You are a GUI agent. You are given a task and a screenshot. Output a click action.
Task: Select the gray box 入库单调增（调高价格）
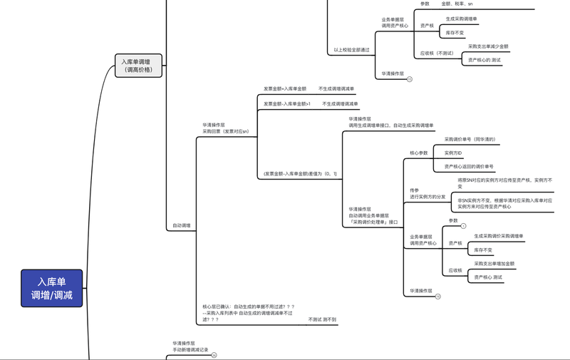pos(139,66)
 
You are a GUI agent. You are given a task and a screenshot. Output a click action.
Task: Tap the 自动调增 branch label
pos(181,225)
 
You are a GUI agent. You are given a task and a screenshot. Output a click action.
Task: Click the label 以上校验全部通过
pos(351,50)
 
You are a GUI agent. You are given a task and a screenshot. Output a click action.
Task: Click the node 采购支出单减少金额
pos(488,46)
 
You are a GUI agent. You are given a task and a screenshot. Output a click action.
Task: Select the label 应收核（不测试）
pos(437,53)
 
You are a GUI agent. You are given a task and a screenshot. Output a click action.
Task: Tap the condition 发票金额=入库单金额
pos(284,89)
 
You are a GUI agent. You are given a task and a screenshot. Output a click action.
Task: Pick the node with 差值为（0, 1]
pos(290,174)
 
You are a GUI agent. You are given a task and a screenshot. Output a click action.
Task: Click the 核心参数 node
pos(419,153)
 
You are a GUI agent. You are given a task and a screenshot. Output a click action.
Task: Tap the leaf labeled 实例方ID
pos(453,153)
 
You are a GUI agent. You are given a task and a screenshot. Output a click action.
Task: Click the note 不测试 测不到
pos(322,319)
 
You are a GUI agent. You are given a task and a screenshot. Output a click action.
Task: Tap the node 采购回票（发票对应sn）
pos(225,132)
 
